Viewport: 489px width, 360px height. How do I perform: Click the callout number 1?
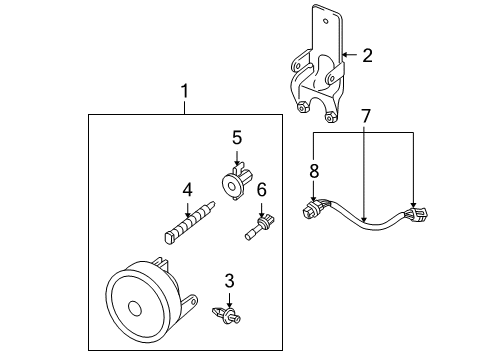[x=184, y=92]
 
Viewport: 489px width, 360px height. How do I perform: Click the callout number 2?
[x=367, y=55]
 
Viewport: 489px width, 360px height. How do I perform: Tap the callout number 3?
[x=229, y=281]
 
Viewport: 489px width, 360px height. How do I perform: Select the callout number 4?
[x=186, y=188]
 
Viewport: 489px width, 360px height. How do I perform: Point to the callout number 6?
[x=262, y=188]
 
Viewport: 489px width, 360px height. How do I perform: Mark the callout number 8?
[x=314, y=171]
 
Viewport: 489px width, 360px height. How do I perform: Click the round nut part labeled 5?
[x=234, y=180]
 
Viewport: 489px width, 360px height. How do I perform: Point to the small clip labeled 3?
[x=226, y=318]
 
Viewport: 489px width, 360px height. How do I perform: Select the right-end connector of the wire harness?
[x=415, y=215]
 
